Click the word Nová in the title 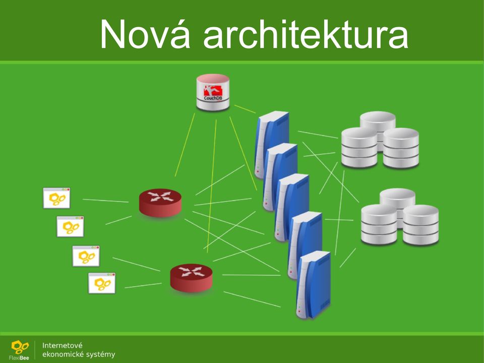[145, 34]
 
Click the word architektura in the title [306, 33]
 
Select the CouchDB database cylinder [213, 92]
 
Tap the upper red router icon [160, 203]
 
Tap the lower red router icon [192, 277]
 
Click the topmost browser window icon [56, 198]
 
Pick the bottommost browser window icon [102, 283]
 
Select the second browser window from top [71, 226]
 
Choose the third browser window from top [86, 256]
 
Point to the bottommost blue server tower [313, 284]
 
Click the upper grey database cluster [380, 140]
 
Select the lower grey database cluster [400, 217]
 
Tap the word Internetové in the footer [63, 345]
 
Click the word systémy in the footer [100, 354]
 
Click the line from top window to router [105, 201]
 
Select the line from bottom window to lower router [143, 285]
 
